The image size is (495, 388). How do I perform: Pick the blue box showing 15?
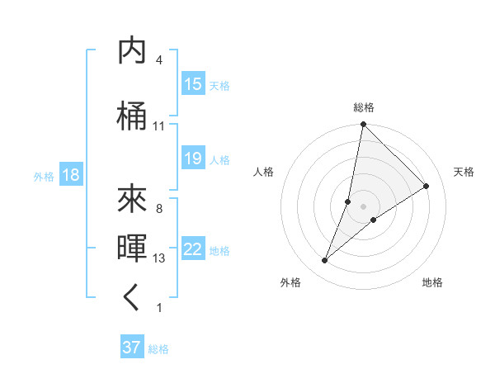pos(193,84)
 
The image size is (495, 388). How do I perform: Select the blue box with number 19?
pos(193,159)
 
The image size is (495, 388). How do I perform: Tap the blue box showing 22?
pos(193,249)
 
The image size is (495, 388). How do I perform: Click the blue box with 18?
pos(70,175)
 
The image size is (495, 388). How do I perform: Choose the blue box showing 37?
pos(132,348)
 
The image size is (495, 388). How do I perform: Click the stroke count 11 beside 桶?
pos(158,126)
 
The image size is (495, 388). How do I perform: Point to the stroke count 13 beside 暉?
pos(158,258)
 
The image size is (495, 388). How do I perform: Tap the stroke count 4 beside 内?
pos(158,61)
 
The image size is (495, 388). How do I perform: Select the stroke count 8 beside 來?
pos(158,209)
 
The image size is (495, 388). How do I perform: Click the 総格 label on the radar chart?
pos(363,107)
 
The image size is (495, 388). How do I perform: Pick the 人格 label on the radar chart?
pos(264,172)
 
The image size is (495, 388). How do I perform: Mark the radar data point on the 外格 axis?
pos(324,261)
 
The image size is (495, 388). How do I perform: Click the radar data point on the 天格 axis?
pos(427,187)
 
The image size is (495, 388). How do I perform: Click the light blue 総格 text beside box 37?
pos(158,348)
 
